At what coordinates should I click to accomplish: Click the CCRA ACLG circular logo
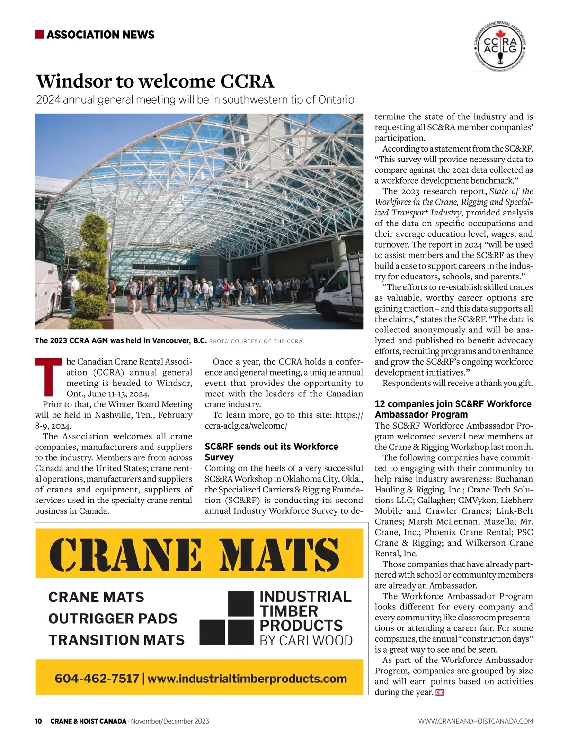click(500, 46)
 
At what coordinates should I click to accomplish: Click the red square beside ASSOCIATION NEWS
click(39, 35)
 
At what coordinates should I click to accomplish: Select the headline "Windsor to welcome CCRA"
click(155, 81)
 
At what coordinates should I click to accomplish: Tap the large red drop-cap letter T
click(49, 377)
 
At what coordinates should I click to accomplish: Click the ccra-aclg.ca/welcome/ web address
click(246, 426)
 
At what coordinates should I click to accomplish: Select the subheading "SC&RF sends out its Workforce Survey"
click(271, 452)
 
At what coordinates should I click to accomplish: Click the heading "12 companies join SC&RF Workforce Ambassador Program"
click(453, 409)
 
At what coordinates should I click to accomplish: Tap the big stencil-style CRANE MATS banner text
click(194, 554)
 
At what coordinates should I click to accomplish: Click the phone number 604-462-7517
click(97, 679)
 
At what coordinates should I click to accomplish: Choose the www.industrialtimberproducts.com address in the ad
click(247, 679)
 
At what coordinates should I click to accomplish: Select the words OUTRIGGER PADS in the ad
click(113, 618)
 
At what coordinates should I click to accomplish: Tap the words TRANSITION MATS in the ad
click(116, 640)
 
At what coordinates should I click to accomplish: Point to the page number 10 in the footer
click(38, 721)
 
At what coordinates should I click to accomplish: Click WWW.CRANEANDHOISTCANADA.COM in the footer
click(475, 721)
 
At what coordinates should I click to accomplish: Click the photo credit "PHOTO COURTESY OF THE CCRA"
click(257, 341)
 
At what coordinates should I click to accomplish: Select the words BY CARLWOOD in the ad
click(306, 641)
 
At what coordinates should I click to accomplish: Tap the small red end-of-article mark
click(439, 693)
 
